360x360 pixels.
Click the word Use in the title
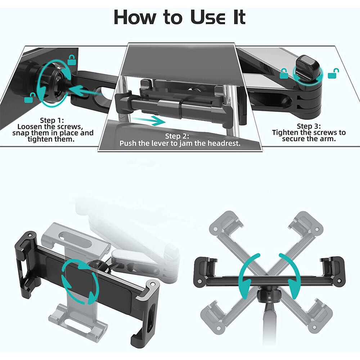[208, 17]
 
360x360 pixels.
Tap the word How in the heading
[135, 17]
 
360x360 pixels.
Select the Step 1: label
[52, 120]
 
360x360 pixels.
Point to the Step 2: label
[177, 136]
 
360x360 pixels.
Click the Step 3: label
[309, 126]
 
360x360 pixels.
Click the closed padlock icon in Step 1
[72, 60]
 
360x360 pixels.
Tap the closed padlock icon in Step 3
[284, 74]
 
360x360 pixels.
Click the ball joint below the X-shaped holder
[269, 296]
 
